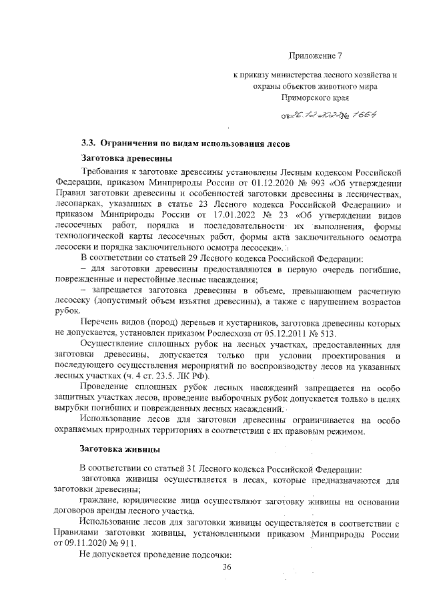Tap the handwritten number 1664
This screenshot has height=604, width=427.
pyautogui.click(x=365, y=115)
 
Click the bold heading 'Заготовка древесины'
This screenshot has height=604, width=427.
pyautogui.click(x=126, y=158)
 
